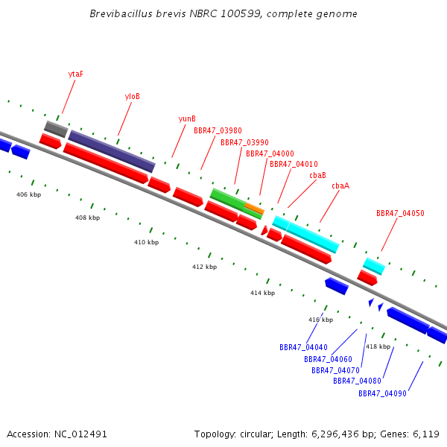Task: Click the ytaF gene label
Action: point(76,74)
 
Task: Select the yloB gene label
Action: point(133,96)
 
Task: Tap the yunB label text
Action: point(187,118)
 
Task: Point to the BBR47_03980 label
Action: point(218,130)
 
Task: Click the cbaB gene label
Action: point(317,175)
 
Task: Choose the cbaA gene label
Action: point(340,186)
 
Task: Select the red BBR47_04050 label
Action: point(400,213)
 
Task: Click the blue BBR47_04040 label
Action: point(303,347)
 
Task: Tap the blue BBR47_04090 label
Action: point(382,393)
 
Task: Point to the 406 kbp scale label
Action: point(29,194)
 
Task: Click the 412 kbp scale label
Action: point(204,267)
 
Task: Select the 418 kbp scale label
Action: point(378,346)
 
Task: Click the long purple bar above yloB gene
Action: point(112,151)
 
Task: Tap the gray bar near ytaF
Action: point(56,129)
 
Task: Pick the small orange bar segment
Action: point(254,209)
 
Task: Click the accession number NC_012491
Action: point(80,434)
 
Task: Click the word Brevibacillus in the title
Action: point(121,13)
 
